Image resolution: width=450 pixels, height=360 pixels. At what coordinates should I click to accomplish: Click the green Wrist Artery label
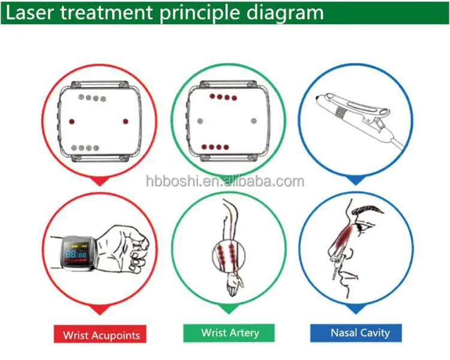(229, 332)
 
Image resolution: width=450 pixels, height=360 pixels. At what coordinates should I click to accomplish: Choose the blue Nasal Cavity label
(359, 332)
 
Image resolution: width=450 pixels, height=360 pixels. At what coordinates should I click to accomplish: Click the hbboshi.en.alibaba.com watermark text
(225, 181)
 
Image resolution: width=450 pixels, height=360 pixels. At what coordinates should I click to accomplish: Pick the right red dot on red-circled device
(125, 121)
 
